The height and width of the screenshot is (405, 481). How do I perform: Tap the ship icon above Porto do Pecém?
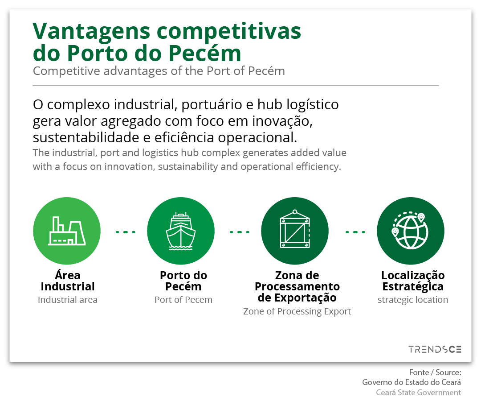pyautogui.click(x=181, y=231)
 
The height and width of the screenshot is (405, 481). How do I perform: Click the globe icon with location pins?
pyautogui.click(x=410, y=231)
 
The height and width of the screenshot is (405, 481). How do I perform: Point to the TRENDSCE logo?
pyautogui.click(x=435, y=349)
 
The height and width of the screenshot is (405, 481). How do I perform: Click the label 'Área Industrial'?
pyautogui.click(x=68, y=281)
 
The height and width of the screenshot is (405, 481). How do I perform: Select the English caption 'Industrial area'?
pyautogui.click(x=68, y=300)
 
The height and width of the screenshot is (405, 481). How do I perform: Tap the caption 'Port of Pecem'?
pyautogui.click(x=183, y=300)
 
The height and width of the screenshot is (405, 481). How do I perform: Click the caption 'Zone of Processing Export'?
pyautogui.click(x=297, y=311)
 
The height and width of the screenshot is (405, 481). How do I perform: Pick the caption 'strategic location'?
pyautogui.click(x=412, y=300)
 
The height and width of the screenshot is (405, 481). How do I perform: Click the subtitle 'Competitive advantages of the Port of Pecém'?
pyautogui.click(x=159, y=71)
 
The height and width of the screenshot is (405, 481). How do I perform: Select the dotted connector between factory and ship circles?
pyautogui.click(x=126, y=232)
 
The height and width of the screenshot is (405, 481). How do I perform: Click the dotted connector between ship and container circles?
pyautogui.click(x=240, y=232)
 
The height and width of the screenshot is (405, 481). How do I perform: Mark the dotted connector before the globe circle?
pyautogui.click(x=355, y=232)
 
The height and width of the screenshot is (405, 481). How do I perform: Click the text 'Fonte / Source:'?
pyautogui.click(x=435, y=372)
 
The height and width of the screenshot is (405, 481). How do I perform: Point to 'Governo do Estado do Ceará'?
pyautogui.click(x=412, y=382)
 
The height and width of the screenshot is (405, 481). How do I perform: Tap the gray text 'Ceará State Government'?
pyautogui.click(x=418, y=393)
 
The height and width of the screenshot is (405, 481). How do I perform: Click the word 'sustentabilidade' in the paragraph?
pyautogui.click(x=86, y=137)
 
